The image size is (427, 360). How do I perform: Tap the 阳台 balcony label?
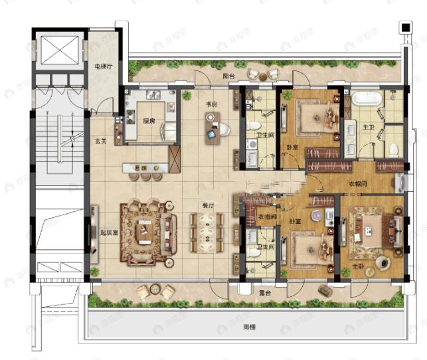point(229,76)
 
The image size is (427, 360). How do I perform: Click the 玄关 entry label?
point(101,141)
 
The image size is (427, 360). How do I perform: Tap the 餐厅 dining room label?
point(208,206)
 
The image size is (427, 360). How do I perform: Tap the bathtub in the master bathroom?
point(365,101)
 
